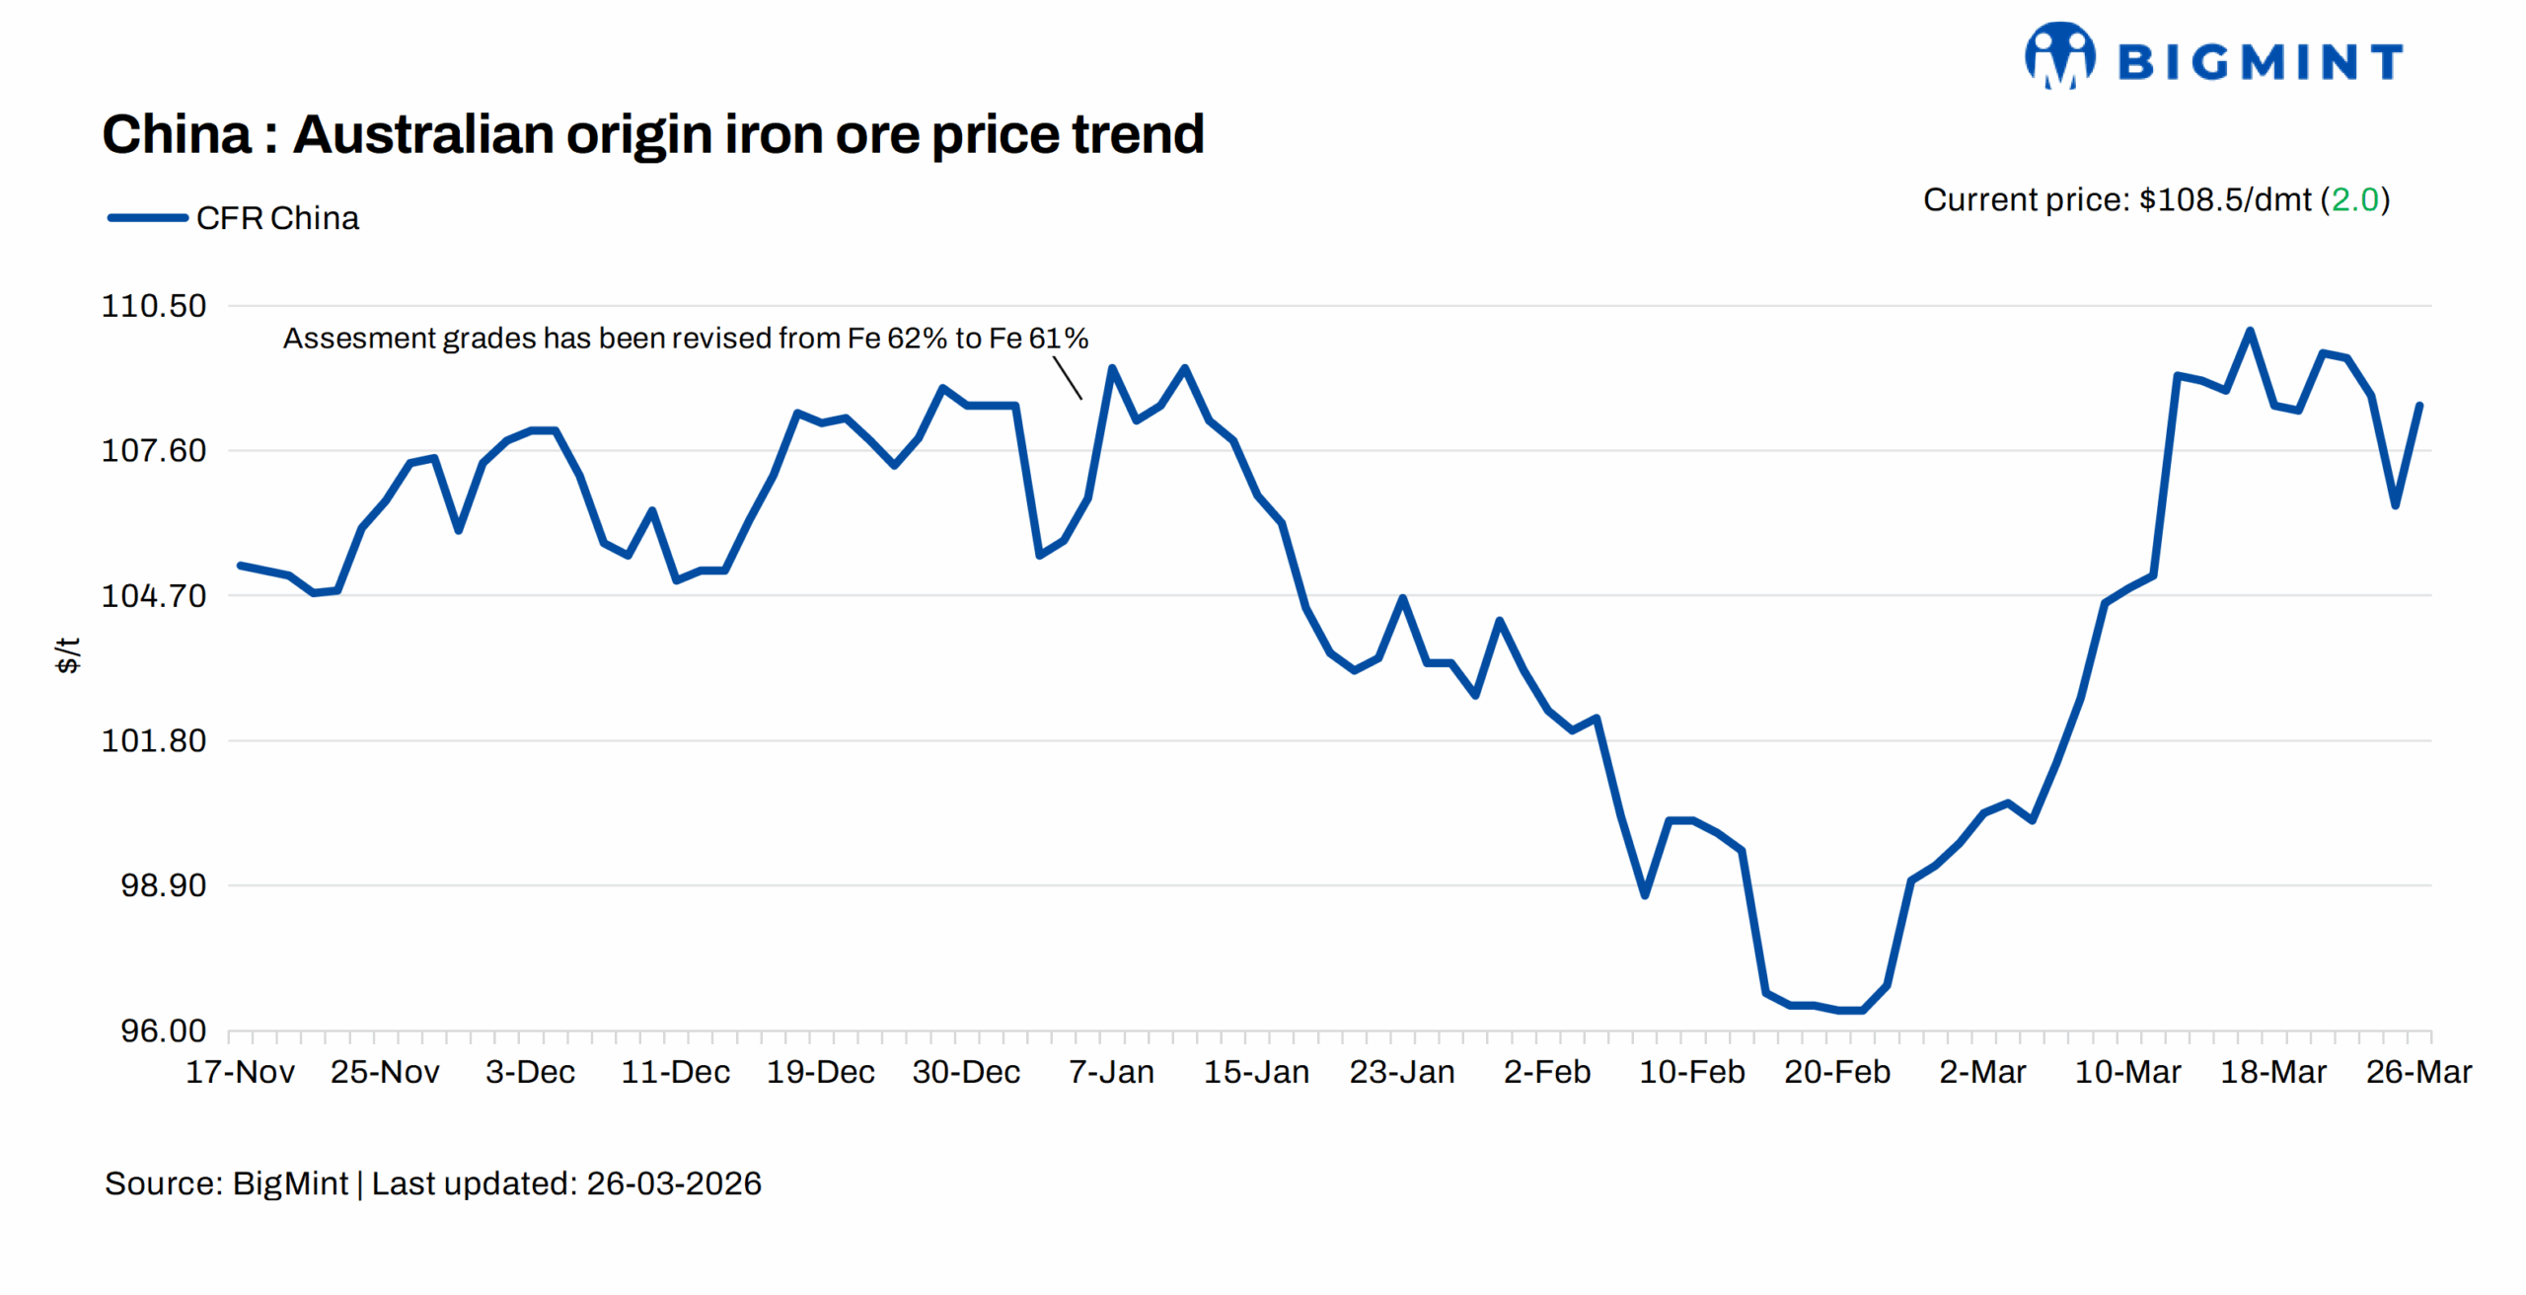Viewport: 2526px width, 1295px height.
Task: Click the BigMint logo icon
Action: pyautogui.click(x=2059, y=56)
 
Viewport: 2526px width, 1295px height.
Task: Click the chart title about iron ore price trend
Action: pyautogui.click(x=652, y=134)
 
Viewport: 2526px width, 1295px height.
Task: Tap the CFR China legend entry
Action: pyautogui.click(x=234, y=218)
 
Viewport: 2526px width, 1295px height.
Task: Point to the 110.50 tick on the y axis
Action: pyautogui.click(x=154, y=306)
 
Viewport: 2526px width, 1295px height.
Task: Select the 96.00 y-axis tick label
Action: pyautogui.click(x=163, y=1031)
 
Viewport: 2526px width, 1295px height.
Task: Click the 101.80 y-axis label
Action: pyautogui.click(x=154, y=741)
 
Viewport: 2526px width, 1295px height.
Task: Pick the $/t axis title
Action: pyautogui.click(x=67, y=655)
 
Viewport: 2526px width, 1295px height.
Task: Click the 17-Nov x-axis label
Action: pyautogui.click(x=240, y=1073)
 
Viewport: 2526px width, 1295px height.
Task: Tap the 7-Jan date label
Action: pyautogui.click(x=1111, y=1073)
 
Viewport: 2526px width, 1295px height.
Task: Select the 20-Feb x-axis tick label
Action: pyautogui.click(x=1836, y=1073)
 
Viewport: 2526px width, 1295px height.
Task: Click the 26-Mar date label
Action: pyautogui.click(x=2417, y=1073)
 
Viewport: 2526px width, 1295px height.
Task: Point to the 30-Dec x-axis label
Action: pyautogui.click(x=966, y=1073)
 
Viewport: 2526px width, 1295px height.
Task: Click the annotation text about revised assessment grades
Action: pyautogui.click(x=685, y=339)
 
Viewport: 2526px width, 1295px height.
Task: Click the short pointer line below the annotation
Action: pyautogui.click(x=1068, y=378)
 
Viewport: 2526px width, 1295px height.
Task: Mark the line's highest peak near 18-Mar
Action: pyautogui.click(x=2250, y=331)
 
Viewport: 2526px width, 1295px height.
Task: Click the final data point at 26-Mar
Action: pyautogui.click(x=2419, y=406)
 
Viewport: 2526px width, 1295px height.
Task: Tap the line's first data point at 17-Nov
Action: pyautogui.click(x=241, y=566)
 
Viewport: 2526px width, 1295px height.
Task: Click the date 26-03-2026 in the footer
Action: pyautogui.click(x=674, y=1183)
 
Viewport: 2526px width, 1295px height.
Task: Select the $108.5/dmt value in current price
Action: pyautogui.click(x=2224, y=200)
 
